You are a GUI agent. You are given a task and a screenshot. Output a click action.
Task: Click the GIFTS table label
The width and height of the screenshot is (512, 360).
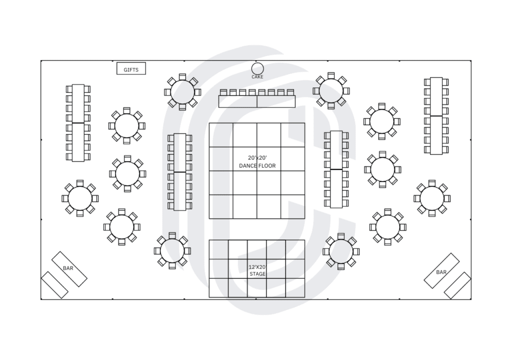click(131, 69)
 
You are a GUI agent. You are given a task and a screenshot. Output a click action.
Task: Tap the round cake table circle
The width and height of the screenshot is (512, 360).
click(257, 68)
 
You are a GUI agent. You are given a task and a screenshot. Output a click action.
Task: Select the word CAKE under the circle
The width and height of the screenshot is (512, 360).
click(257, 77)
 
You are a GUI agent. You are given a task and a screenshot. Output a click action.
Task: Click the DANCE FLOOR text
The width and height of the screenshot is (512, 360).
click(257, 165)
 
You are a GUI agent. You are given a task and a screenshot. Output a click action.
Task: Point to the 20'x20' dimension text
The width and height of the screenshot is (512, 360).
click(257, 157)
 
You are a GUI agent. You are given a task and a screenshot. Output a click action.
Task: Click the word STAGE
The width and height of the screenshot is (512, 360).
click(257, 274)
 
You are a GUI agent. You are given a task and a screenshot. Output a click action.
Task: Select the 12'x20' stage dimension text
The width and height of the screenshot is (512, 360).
click(257, 267)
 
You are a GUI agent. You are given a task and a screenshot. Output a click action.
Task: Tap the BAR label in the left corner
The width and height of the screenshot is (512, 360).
click(68, 268)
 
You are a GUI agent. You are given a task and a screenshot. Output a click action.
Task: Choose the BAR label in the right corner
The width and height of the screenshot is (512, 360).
click(441, 272)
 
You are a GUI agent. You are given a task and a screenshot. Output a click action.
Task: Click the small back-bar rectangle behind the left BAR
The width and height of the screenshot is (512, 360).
click(54, 285)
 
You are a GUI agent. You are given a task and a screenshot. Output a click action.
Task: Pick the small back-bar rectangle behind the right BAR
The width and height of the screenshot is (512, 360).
click(457, 285)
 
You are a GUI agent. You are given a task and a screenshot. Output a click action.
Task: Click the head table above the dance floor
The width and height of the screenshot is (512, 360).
click(257, 101)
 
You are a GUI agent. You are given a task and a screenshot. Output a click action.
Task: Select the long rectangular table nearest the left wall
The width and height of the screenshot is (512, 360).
click(77, 122)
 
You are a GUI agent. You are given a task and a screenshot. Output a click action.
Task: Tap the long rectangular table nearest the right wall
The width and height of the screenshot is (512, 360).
click(436, 115)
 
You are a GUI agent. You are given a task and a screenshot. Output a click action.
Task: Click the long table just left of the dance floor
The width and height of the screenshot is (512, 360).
click(180, 172)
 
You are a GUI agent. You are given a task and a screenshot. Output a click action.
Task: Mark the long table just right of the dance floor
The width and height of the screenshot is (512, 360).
click(336, 169)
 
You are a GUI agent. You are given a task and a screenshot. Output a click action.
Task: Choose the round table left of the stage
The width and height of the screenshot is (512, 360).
click(172, 250)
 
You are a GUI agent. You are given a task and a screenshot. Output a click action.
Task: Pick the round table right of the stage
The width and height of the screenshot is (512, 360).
click(341, 251)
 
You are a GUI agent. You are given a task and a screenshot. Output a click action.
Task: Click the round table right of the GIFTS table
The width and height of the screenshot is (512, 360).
click(182, 92)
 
